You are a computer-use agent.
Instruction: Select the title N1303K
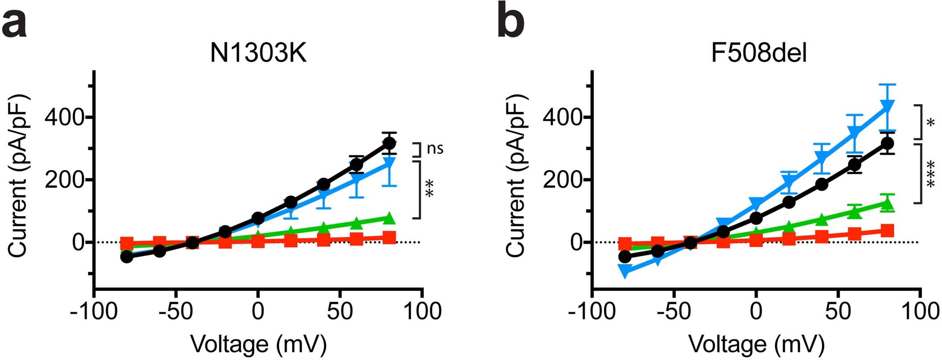(x=258, y=54)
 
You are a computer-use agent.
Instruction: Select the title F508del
(x=758, y=54)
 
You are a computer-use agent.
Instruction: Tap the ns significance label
(x=435, y=148)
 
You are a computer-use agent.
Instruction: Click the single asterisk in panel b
(x=930, y=123)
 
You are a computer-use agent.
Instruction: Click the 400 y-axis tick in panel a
(x=66, y=118)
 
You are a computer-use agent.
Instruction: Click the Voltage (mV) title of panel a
(x=258, y=344)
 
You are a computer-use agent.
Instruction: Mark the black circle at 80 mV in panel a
(x=389, y=143)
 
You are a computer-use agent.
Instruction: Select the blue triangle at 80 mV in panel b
(x=887, y=106)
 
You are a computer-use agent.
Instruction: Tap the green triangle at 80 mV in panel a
(x=389, y=218)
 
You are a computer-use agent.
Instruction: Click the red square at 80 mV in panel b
(x=887, y=231)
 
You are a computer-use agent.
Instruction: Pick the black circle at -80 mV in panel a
(x=127, y=257)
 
